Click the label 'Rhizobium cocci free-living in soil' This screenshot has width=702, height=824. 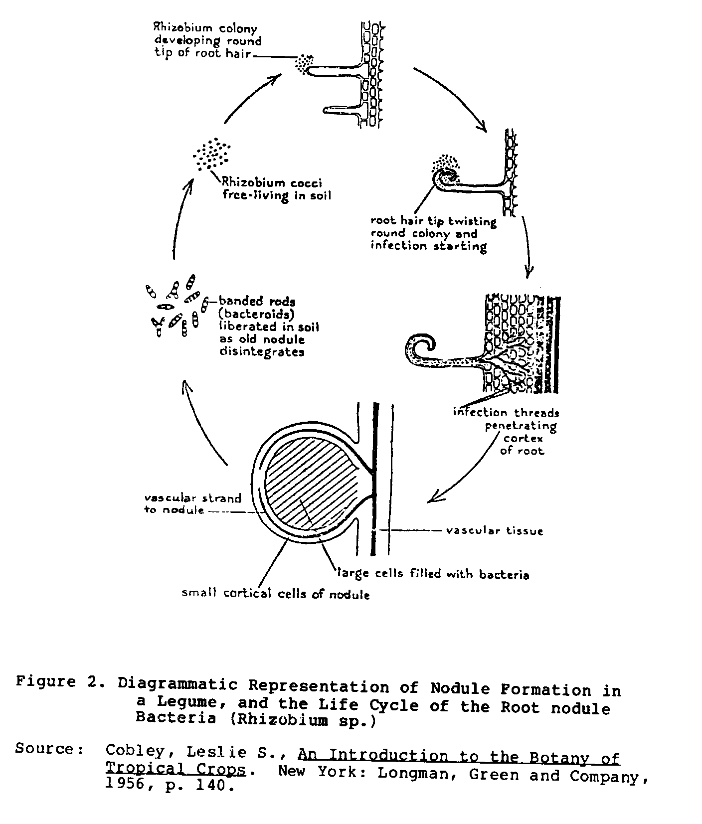[276, 189]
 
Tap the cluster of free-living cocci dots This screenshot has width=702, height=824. [212, 154]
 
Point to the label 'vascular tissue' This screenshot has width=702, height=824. [494, 530]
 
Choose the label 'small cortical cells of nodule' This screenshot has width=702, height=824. [275, 593]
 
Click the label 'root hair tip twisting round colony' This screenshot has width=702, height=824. [433, 233]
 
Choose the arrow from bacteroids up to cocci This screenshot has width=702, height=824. [179, 219]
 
